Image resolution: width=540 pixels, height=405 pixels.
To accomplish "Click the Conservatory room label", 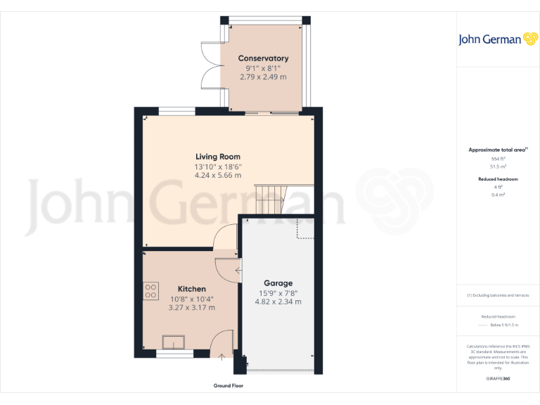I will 263,58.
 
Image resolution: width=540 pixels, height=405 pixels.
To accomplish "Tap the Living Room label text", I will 218,157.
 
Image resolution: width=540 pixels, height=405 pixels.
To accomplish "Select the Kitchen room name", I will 192,289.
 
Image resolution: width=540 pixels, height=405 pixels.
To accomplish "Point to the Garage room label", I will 278,283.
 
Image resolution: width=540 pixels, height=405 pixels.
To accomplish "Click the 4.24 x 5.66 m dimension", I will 218,175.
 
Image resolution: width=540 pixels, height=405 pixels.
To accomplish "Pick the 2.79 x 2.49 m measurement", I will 263,77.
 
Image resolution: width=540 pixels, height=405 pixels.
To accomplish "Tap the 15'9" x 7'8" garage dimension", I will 278,292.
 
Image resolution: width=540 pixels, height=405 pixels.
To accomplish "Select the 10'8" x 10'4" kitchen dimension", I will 192,298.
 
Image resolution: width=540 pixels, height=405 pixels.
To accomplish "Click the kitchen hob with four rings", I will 151,291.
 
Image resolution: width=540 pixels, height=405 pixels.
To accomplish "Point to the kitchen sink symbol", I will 173,342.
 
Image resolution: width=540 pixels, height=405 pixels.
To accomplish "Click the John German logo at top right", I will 497,39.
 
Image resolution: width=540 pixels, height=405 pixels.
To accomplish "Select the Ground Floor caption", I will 229,386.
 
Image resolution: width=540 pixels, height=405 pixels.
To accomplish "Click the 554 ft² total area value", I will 498,159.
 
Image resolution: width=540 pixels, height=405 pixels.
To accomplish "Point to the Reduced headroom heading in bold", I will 498,179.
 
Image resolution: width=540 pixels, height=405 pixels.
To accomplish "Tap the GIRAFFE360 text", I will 498,379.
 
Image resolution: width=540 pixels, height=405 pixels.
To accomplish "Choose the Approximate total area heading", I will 498,150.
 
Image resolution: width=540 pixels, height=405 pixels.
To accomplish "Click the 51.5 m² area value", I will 498,167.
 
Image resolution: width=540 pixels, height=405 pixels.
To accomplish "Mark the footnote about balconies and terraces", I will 498,295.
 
